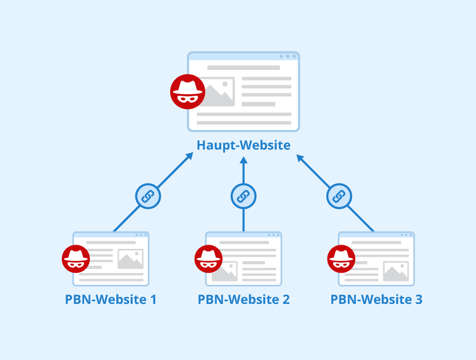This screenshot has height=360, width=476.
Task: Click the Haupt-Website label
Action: click(243, 145)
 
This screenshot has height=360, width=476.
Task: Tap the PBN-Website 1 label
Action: click(111, 299)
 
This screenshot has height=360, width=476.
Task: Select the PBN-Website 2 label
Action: click(243, 299)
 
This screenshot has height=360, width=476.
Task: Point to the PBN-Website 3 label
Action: click(376, 299)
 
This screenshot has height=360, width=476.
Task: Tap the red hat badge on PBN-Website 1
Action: click(76, 259)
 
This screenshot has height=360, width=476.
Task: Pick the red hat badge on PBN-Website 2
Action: click(208, 259)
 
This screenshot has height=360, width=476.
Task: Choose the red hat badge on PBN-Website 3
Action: click(341, 259)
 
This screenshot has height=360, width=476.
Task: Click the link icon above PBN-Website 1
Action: click(148, 196)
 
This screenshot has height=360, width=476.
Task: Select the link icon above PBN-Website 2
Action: click(243, 196)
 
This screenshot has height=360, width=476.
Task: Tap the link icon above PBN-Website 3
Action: click(339, 196)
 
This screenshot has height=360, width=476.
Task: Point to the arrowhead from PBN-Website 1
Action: click(190, 156)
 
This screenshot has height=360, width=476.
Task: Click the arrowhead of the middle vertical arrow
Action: click(243, 160)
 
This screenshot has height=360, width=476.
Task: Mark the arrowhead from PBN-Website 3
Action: click(300, 158)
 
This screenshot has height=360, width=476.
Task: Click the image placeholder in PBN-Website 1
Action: click(130, 259)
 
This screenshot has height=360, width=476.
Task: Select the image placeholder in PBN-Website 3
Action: click(396, 271)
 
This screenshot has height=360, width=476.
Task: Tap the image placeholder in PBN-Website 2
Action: click(225, 271)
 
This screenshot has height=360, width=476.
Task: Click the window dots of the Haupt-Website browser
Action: click(288, 57)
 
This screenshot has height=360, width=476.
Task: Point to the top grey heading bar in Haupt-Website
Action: click(243, 67)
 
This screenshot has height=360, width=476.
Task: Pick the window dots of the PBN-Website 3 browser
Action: click(407, 235)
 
